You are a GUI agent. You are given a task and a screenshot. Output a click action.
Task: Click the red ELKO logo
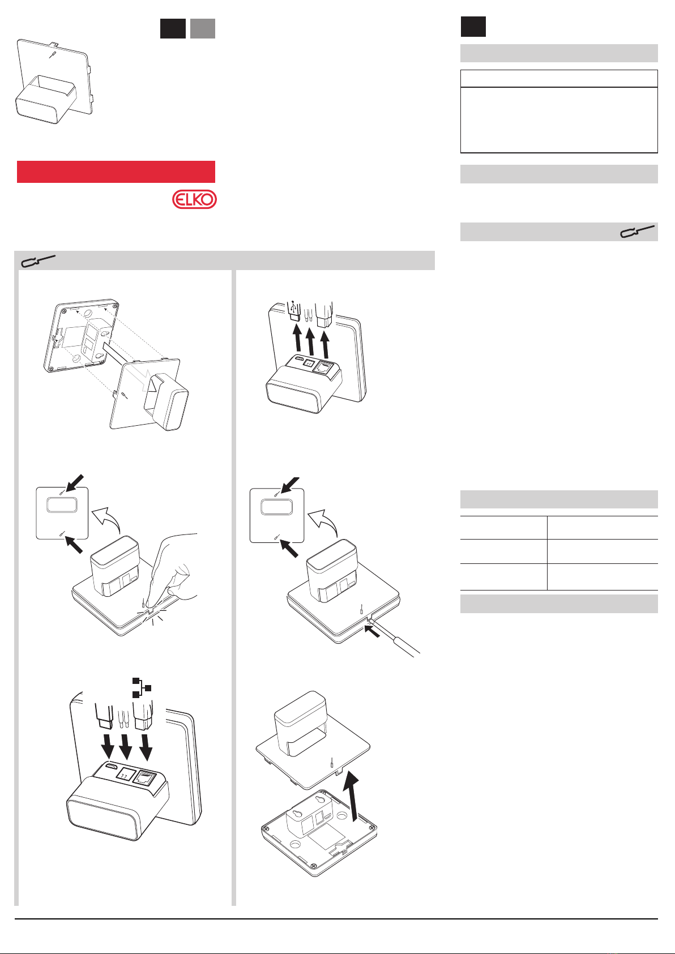coord(194,199)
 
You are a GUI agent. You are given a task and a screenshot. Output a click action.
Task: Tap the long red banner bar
coord(116,172)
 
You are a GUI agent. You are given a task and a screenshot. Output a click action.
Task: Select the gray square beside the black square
coord(203,28)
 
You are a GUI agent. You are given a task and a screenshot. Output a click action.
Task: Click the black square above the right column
coord(473,27)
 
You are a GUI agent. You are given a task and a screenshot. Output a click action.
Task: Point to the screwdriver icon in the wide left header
coord(38,260)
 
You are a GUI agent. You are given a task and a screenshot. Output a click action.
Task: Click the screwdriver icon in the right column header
coord(637,231)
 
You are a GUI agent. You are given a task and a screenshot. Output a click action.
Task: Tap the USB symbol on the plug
coord(293,306)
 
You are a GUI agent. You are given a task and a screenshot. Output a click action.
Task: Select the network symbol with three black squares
coord(142,687)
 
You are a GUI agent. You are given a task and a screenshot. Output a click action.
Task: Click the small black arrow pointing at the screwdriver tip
coord(372,630)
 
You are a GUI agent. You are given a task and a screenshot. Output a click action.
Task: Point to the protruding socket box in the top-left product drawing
coord(45,100)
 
